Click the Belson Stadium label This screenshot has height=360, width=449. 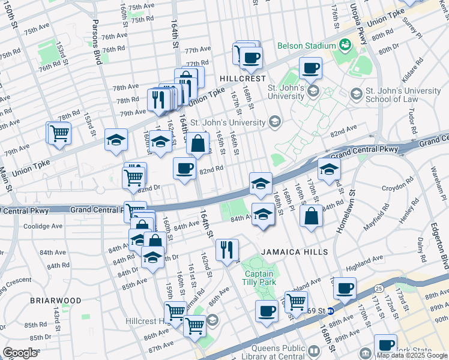(306, 46)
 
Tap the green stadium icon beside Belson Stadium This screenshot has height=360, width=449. (345, 44)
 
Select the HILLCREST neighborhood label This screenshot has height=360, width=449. (242, 79)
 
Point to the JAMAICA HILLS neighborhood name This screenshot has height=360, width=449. (294, 252)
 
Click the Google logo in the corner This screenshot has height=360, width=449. (20, 353)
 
